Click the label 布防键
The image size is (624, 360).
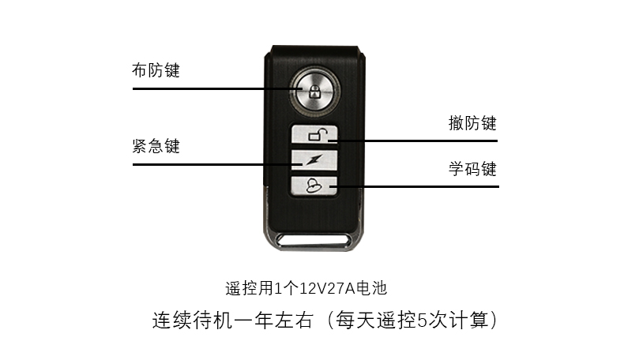click(156, 71)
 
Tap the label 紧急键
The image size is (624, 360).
click(156, 147)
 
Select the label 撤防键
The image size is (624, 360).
click(472, 123)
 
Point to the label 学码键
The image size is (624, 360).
click(472, 169)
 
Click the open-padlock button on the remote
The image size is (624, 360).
click(315, 135)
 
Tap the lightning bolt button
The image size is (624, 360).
click(315, 160)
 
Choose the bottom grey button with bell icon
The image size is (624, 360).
click(315, 186)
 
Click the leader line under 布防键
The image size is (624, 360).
click(205, 88)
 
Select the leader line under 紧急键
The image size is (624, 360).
click(205, 165)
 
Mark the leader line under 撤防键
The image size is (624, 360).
click(419, 141)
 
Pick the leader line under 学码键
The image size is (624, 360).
click(419, 187)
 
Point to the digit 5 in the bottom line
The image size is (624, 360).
click(421, 321)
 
